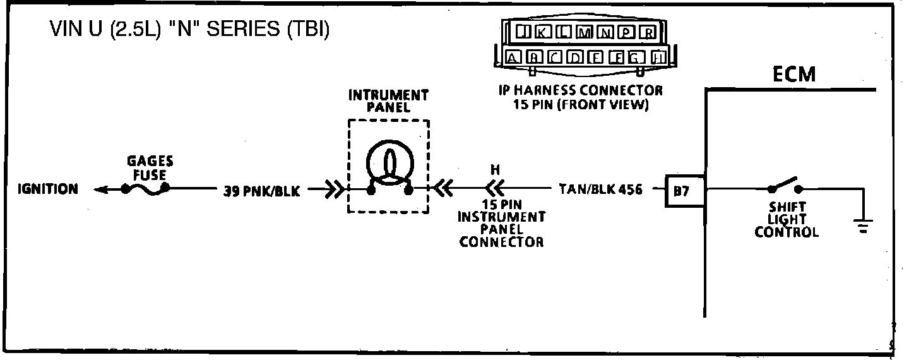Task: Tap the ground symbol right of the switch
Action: tap(863, 225)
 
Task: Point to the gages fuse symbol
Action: tap(145, 188)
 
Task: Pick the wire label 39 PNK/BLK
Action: tap(262, 191)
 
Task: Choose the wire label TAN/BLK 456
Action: tap(600, 189)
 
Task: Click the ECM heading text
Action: tap(793, 75)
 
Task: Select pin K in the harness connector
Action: tap(542, 32)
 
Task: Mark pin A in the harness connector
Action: tap(513, 58)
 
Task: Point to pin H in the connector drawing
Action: tap(658, 58)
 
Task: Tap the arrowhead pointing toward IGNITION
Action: tap(99, 189)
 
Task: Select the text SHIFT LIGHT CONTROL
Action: tap(787, 219)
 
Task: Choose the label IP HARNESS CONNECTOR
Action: tap(580, 90)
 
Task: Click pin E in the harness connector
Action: tap(595, 58)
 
